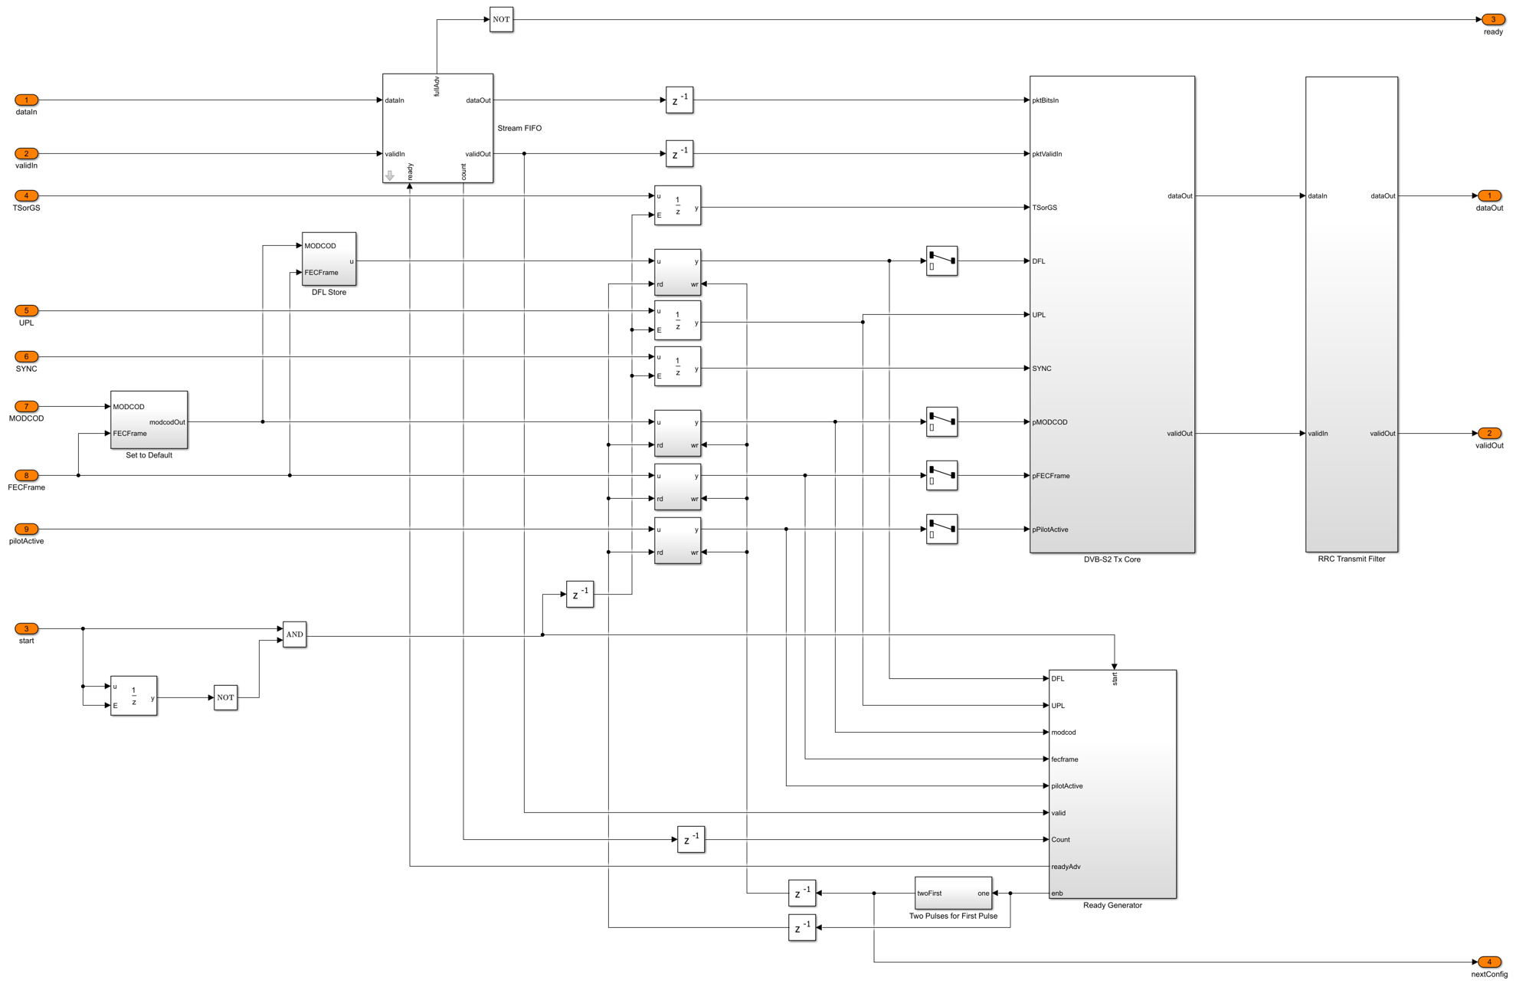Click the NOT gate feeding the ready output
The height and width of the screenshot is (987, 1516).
(x=501, y=19)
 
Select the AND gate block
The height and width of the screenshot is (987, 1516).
(x=294, y=634)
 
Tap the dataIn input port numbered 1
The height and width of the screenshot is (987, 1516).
(x=26, y=100)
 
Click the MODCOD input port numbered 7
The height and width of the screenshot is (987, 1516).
(x=26, y=406)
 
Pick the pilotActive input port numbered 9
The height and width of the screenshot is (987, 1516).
(x=26, y=529)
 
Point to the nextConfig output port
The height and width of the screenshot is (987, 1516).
(x=1489, y=962)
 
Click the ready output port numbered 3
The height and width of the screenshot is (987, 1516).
(x=1493, y=19)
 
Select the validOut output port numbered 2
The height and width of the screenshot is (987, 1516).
(x=1489, y=433)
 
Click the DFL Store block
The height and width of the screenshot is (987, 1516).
(x=329, y=259)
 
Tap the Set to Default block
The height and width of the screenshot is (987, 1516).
(x=149, y=420)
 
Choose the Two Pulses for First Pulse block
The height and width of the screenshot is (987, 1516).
(x=954, y=893)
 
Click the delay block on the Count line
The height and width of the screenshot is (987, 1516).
(x=691, y=839)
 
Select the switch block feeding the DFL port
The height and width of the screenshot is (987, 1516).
(x=941, y=261)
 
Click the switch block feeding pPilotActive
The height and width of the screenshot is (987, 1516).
(x=941, y=529)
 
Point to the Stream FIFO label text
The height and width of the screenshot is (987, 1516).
(x=519, y=128)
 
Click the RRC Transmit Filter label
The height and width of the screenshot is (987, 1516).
(x=1351, y=559)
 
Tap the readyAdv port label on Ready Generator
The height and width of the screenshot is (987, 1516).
(x=1066, y=867)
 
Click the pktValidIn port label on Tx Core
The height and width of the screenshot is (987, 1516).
(x=1046, y=154)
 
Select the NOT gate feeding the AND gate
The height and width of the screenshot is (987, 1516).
(x=225, y=697)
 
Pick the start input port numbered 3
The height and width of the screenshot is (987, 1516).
(x=26, y=628)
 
